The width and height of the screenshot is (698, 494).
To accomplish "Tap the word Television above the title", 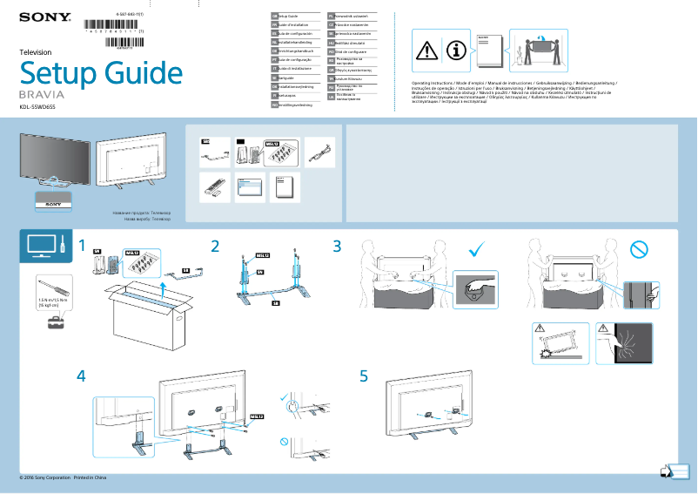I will pos(36,52).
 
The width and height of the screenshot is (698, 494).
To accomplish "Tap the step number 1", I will pos(82,247).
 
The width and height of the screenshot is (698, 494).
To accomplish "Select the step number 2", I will pos(214,247).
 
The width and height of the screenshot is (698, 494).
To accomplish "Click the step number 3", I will pos(337,247).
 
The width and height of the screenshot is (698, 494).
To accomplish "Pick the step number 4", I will pos(82,376).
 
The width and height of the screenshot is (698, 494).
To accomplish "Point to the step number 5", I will pos(364,376).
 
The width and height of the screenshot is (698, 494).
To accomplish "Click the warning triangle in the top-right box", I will pos(426,51).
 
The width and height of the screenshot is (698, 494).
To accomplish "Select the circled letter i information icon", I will pos(455,51).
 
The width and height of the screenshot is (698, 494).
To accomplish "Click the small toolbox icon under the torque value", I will pos(55,322).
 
